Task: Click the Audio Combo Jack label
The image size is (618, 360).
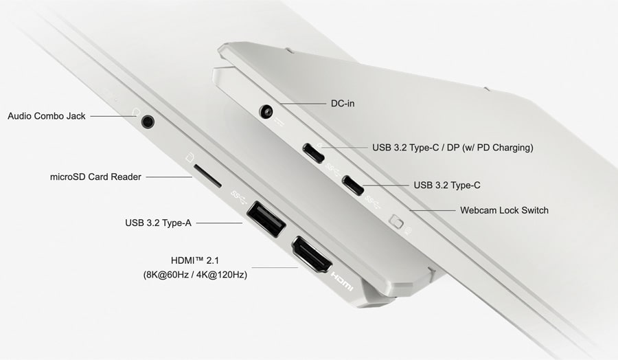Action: click(47, 116)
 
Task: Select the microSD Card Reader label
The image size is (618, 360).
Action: click(95, 177)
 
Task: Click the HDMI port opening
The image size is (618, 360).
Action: click(313, 256)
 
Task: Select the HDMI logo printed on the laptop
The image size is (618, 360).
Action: click(342, 278)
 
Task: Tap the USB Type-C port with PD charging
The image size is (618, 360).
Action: click(314, 153)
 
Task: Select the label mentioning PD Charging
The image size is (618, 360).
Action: click(453, 147)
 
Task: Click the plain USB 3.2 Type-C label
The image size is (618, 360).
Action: click(448, 185)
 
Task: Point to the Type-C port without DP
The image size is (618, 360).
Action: click(354, 185)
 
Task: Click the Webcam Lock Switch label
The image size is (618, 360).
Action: click(504, 210)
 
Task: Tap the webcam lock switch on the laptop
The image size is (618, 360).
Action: click(396, 221)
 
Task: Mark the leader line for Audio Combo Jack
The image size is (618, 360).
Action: click(113, 116)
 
